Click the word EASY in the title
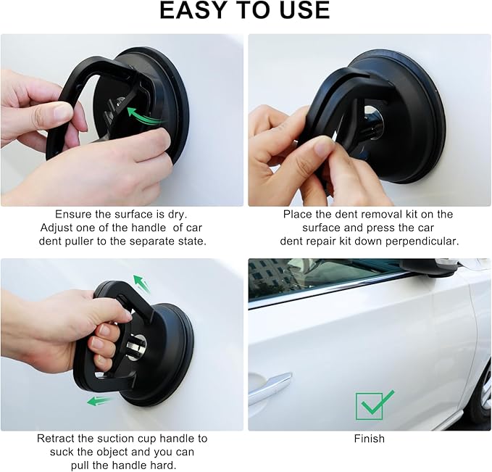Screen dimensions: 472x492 point(194,11)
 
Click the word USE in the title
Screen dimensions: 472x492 point(302,11)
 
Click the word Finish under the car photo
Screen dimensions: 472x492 point(369,439)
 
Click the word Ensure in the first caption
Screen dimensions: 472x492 point(74,215)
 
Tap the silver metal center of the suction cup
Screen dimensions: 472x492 point(135,346)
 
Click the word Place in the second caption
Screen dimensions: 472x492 point(299,215)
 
